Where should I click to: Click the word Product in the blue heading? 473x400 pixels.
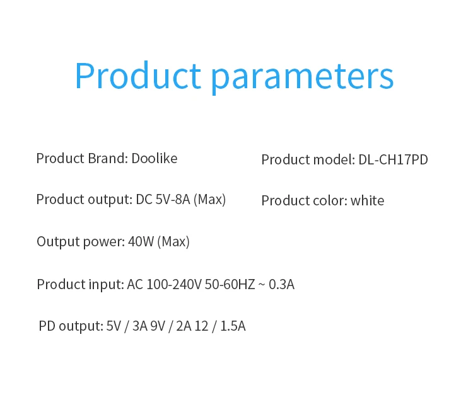click(138, 75)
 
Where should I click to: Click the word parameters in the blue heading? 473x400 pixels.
click(302, 78)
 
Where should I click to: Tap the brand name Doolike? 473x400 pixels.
click(155, 159)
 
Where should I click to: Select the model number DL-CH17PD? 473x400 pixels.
click(393, 159)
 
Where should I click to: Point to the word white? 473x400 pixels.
click(368, 200)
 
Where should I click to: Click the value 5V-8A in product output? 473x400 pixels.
click(173, 200)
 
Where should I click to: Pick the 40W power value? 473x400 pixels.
click(141, 241)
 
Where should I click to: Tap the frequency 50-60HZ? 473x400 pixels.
click(230, 284)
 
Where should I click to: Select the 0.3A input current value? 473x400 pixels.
click(281, 284)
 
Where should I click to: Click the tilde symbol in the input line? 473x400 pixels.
click(262, 285)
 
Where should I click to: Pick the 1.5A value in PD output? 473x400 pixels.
click(233, 326)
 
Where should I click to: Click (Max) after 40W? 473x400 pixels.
click(173, 242)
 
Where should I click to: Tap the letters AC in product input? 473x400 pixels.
click(135, 284)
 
